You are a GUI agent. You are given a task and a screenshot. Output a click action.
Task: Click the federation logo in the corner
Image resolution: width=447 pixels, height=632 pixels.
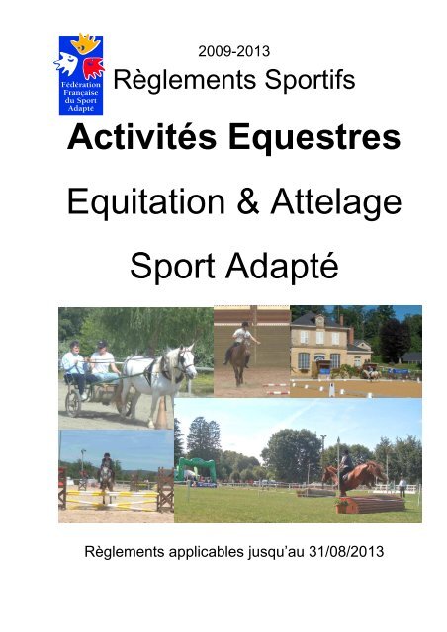pyautogui.click(x=80, y=74)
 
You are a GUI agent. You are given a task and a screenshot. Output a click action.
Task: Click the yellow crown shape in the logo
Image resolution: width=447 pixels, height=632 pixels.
pyautogui.click(x=85, y=43)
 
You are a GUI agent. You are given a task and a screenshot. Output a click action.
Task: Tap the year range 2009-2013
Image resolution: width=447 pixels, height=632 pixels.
pyautogui.click(x=233, y=51)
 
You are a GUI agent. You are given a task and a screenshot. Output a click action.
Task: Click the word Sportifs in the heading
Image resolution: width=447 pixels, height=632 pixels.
pyautogui.click(x=311, y=79)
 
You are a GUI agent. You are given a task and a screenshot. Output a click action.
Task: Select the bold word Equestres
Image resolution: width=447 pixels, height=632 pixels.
pyautogui.click(x=314, y=138)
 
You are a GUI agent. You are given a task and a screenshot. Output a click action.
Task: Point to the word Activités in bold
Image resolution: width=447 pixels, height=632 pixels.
pyautogui.click(x=142, y=136)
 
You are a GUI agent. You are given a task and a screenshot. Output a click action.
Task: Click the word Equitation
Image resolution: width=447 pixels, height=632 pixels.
pyautogui.click(x=145, y=201)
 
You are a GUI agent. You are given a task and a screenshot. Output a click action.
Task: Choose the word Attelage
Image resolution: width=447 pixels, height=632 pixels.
pyautogui.click(x=336, y=203)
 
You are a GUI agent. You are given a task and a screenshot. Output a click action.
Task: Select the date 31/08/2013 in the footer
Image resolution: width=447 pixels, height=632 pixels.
pyautogui.click(x=346, y=551)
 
